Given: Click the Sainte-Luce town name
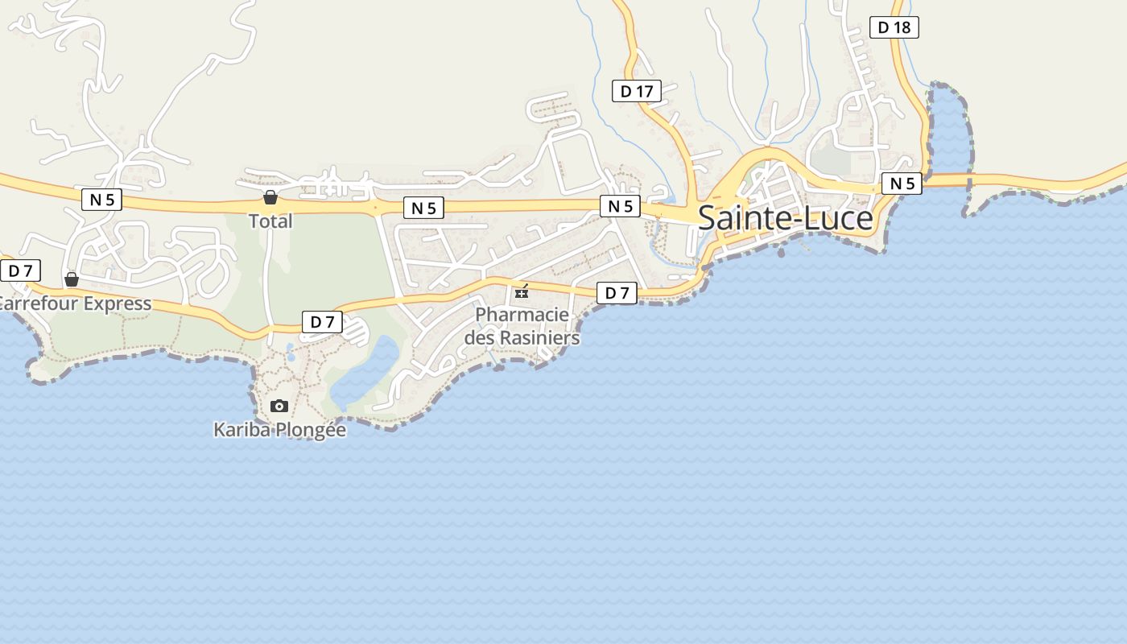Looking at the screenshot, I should tap(785, 218).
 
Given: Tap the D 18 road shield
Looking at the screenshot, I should tap(894, 27).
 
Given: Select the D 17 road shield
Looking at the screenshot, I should tap(636, 92).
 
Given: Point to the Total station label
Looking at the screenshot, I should tap(270, 221).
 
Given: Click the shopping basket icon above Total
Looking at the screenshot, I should tap(270, 197).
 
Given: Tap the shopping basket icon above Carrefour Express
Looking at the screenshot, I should tap(72, 279).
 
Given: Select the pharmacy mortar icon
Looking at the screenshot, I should tap(522, 291).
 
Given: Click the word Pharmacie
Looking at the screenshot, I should tap(522, 314).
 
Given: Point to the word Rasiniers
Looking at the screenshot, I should tap(539, 337).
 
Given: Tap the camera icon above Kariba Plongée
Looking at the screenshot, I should tap(279, 406).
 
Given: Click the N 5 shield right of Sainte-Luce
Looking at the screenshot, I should tap(902, 184).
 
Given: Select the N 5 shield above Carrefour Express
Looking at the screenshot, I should tap(101, 200).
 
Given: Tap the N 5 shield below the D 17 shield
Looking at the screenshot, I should tap(620, 206).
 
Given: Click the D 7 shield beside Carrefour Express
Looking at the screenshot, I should tap(20, 270).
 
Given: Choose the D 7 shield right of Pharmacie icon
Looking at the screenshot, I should tap(617, 293).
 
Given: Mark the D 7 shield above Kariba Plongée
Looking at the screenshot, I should tap(322, 322).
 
